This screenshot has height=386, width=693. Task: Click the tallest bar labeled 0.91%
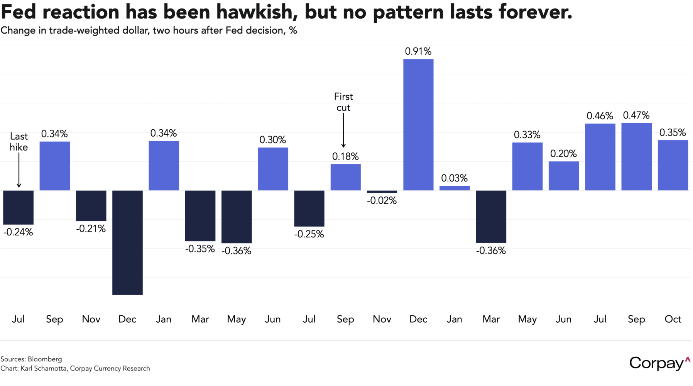418,125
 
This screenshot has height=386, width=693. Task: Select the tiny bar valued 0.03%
455,188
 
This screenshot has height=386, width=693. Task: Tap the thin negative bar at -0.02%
382,191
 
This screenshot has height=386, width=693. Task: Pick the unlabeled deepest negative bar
127,242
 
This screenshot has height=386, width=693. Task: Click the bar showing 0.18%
345,177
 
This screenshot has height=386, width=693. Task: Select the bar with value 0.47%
636,157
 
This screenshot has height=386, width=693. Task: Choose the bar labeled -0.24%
19,207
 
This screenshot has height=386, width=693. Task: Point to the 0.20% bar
564,176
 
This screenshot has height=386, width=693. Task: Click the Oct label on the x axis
673,319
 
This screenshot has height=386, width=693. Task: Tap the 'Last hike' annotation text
19,142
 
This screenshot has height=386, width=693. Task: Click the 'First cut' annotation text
343,102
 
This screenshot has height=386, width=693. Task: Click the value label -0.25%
309,234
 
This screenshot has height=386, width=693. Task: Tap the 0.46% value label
600,116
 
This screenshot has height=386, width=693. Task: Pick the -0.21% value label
91,229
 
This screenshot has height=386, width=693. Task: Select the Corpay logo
659,363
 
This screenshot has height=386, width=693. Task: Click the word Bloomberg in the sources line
45,359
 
